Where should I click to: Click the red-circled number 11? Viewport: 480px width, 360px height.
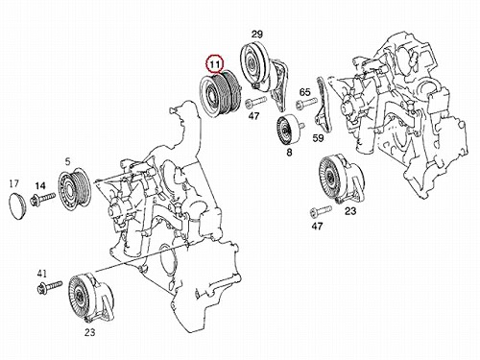[x=214, y=64]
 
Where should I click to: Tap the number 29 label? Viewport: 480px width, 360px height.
[x=257, y=35]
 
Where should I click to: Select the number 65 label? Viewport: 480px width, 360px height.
[x=304, y=92]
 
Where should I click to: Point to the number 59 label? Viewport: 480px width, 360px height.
[x=318, y=138]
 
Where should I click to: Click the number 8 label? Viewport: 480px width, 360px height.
[x=289, y=153]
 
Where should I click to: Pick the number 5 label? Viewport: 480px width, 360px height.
[x=67, y=162]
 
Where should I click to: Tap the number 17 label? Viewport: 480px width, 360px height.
[x=13, y=183]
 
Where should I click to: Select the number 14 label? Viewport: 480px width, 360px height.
[x=40, y=185]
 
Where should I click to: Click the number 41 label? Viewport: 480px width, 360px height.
[x=42, y=274]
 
